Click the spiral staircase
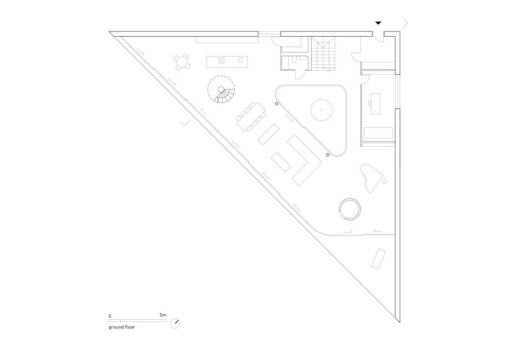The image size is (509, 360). (x=221, y=89)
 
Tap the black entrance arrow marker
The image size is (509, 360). (x=378, y=23)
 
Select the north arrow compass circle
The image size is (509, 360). (x=175, y=323)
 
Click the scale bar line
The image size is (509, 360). (x=137, y=320)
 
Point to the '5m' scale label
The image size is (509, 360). (x=163, y=315)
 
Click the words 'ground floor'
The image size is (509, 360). (x=122, y=327)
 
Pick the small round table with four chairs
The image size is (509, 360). (x=182, y=62)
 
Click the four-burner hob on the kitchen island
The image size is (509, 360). (x=222, y=60)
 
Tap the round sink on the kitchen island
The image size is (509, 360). (x=241, y=60)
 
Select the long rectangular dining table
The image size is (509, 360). (x=251, y=117)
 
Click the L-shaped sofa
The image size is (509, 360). (x=304, y=160)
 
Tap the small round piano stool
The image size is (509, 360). (x=385, y=181)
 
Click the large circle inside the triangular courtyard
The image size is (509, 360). (x=321, y=110)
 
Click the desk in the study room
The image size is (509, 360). (x=375, y=103)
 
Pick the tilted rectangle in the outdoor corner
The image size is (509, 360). (x=379, y=259)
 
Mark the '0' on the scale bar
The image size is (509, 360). (x=110, y=316)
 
